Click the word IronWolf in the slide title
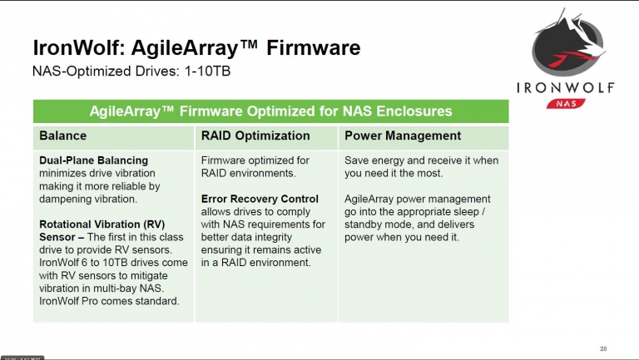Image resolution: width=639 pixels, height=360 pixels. tap(77, 47)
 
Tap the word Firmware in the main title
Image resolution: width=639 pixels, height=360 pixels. tap(313, 47)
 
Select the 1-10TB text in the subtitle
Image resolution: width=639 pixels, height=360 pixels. tap(207, 71)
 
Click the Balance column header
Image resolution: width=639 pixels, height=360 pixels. tap(62, 136)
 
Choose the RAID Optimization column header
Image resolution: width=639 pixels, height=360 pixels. tap(255, 136)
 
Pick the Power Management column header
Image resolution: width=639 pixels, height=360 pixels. tap(403, 136)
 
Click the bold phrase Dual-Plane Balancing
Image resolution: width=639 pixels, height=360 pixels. tap(94, 160)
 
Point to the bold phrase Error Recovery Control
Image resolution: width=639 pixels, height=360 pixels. tap(260, 199)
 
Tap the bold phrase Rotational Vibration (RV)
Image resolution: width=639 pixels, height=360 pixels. tap(102, 224)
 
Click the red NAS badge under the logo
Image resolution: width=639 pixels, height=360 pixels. tap(566, 103)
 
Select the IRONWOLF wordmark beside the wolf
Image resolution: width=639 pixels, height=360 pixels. tap(565, 87)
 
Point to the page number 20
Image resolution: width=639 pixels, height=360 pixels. tap(603, 348)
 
